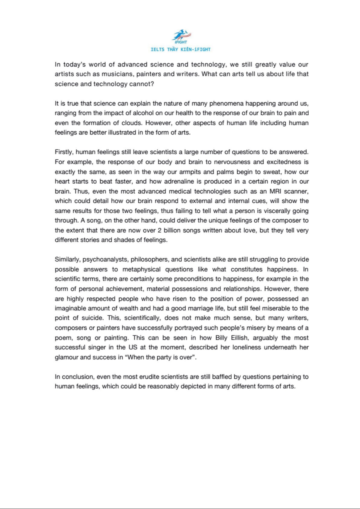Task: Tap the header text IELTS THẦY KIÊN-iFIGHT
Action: coord(181,50)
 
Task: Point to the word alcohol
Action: coord(143,113)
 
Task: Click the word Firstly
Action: coord(64,152)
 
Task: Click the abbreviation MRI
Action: coord(275,192)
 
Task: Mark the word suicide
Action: coord(92,318)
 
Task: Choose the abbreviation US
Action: coord(133,347)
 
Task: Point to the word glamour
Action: coord(66,357)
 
